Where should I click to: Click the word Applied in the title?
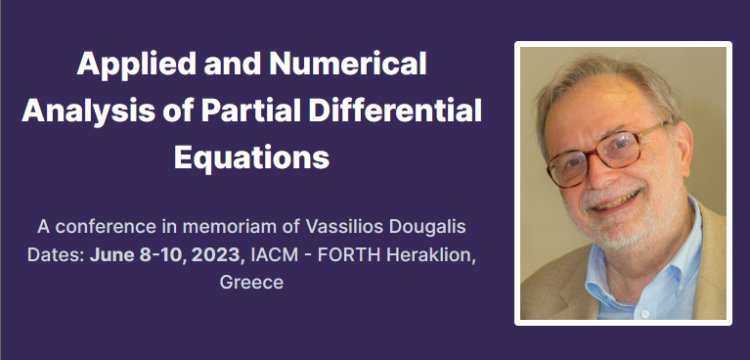pyautogui.click(x=136, y=65)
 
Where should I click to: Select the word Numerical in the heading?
pyautogui.click(x=348, y=63)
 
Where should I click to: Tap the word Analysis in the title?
pyautogui.click(x=88, y=112)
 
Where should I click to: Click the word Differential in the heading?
pyautogui.click(x=395, y=111)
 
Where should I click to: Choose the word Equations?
pyautogui.click(x=251, y=157)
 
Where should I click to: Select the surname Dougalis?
pyautogui.click(x=427, y=227)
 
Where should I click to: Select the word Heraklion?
pyautogui.click(x=431, y=254)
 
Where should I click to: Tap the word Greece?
pyautogui.click(x=251, y=282)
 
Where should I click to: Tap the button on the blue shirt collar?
pyautogui.click(x=644, y=314)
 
